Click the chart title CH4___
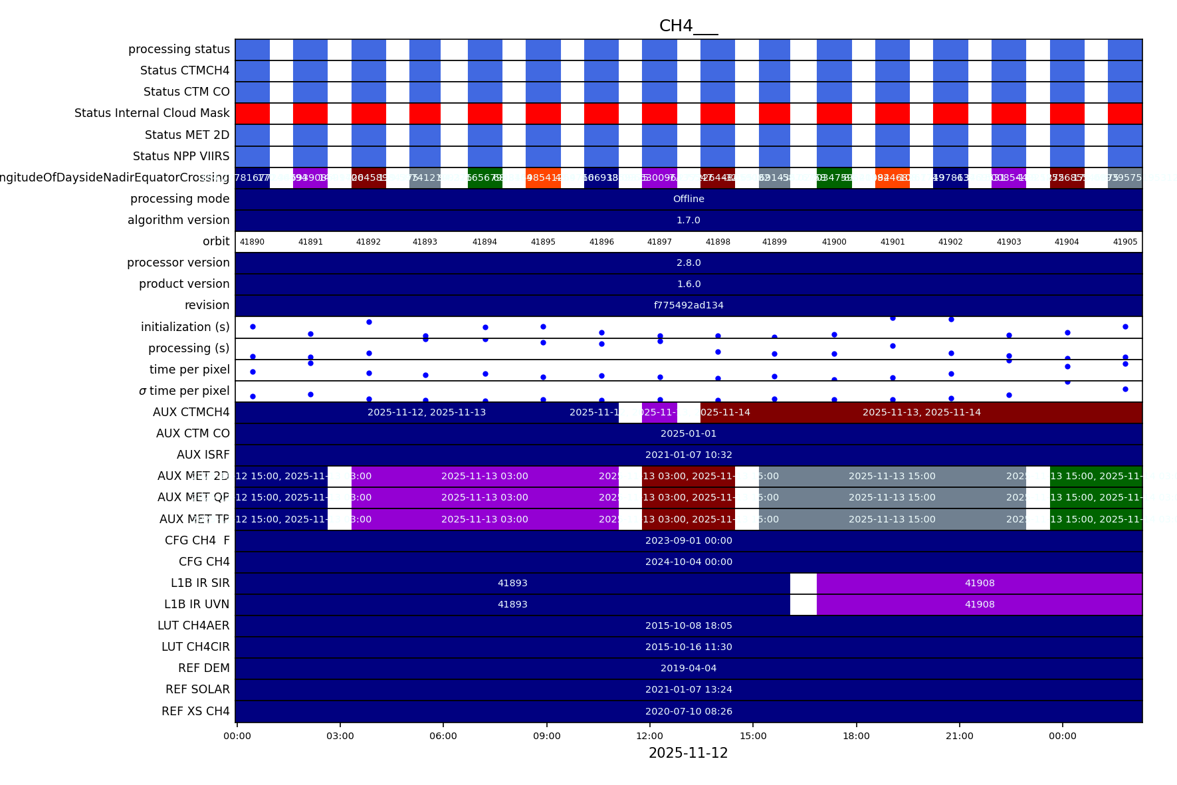click(688, 26)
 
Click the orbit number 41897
click(659, 242)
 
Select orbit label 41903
click(1008, 242)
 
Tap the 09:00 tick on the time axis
click(546, 736)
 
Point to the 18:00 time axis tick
click(856, 736)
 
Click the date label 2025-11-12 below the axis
click(688, 753)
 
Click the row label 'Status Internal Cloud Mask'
click(152, 113)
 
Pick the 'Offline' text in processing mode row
click(689, 199)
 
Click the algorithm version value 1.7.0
click(689, 220)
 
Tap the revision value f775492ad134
click(689, 305)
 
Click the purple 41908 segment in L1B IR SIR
click(980, 583)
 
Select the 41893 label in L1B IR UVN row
click(512, 604)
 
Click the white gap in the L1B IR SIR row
click(803, 583)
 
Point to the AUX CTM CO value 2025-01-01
click(689, 433)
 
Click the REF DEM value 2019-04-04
click(689, 668)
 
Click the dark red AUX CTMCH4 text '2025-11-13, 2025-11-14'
click(921, 412)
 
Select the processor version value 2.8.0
click(689, 263)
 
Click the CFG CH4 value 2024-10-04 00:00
click(689, 562)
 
